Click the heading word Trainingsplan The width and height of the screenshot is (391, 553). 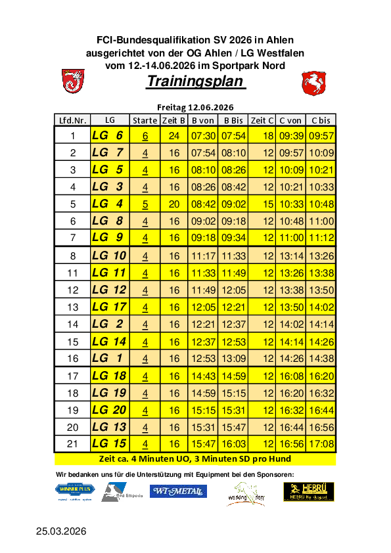tap(196, 82)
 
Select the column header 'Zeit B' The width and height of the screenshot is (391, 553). tap(173, 120)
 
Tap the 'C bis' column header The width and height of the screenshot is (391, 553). tap(321, 120)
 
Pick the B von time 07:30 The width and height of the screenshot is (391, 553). tap(203, 136)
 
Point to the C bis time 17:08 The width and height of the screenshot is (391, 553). tap(321, 444)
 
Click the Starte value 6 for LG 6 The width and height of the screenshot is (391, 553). tap(145, 136)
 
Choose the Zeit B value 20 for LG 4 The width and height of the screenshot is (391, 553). tap(174, 204)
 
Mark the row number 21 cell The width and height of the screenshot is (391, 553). tap(73, 444)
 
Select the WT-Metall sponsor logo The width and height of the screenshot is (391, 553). tap(179, 491)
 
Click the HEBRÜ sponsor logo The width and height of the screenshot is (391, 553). tap(309, 491)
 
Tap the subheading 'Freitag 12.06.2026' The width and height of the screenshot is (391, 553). tap(195, 107)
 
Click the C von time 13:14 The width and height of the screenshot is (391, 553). tap(290, 255)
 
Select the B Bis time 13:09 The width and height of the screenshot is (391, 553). tap(233, 358)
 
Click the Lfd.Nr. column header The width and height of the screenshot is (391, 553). tap(73, 120)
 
